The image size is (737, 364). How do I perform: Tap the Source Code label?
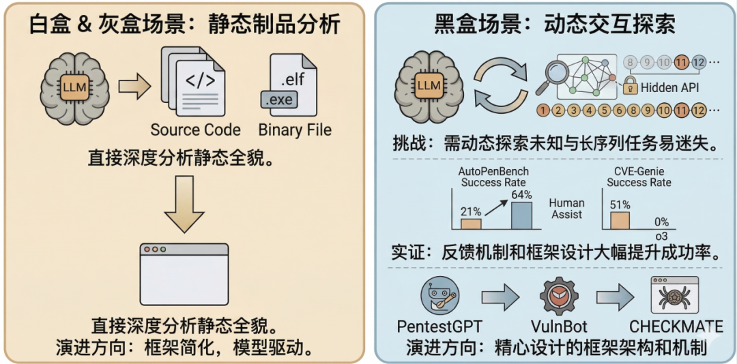[195, 130]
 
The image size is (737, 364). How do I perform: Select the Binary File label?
[295, 130]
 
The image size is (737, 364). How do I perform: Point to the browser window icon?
[184, 272]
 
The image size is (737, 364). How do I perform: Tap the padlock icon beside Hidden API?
[631, 87]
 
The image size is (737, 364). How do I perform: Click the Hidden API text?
[670, 88]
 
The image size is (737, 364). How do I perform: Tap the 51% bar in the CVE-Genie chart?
[620, 219]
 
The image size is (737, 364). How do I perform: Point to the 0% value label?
[661, 222]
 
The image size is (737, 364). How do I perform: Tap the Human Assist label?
[566, 209]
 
